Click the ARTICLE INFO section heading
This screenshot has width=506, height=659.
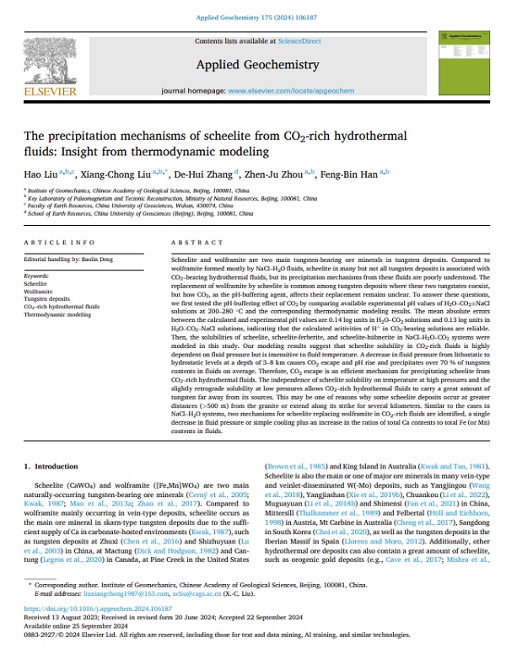[x=50, y=241]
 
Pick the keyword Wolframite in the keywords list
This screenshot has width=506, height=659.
[x=38, y=292]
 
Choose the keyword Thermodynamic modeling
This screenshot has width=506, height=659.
[x=57, y=314]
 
